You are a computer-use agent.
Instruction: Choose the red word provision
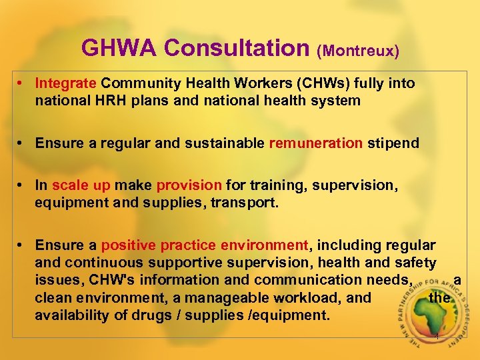point(189,185)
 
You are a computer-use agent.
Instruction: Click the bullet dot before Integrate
point(23,83)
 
